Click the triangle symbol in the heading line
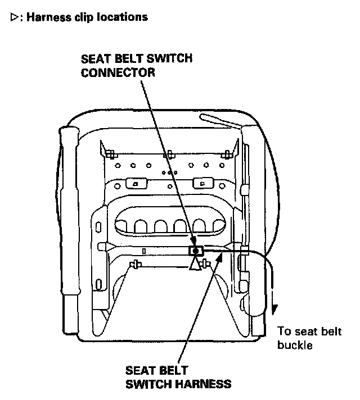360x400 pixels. pos(14,17)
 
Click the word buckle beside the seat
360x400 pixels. pos(294,345)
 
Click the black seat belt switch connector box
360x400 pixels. pos(195,251)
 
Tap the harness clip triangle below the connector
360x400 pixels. pos(195,265)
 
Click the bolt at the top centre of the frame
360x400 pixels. pos(168,154)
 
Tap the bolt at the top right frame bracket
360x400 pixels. pos(227,154)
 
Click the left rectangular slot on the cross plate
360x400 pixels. pos(136,183)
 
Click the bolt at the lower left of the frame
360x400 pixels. pos(135,264)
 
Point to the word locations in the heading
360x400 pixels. pos(125,17)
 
